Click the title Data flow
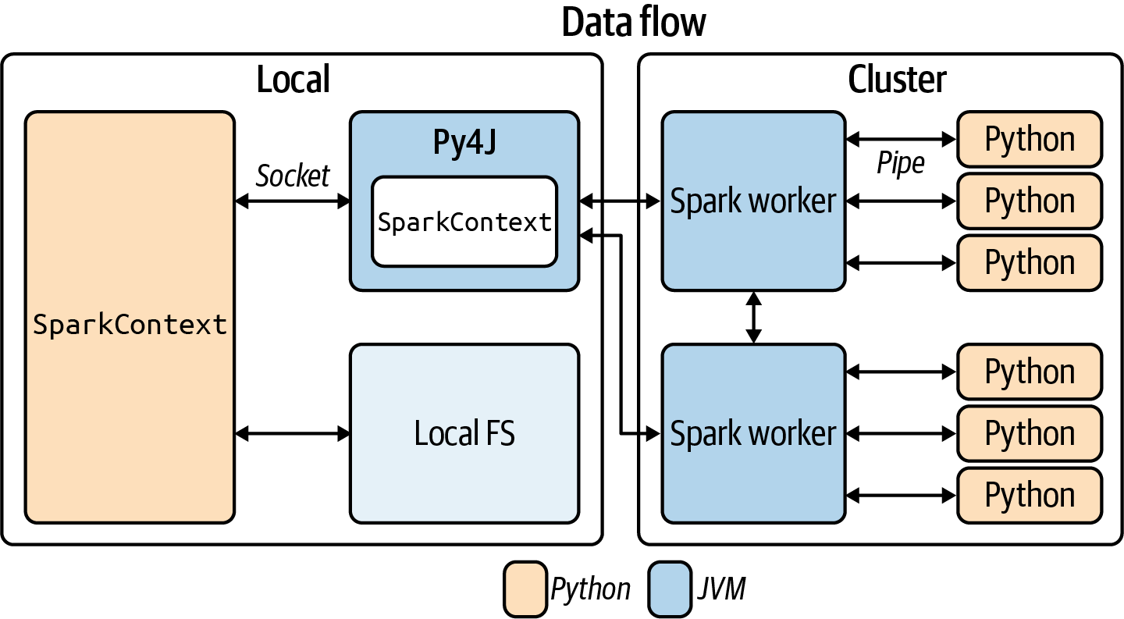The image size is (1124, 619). [x=633, y=23]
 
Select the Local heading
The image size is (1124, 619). [x=293, y=79]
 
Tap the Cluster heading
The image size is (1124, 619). [x=897, y=79]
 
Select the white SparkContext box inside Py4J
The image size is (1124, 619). [x=464, y=222]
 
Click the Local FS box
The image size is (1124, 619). [x=464, y=433]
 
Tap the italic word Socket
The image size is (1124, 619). [x=293, y=176]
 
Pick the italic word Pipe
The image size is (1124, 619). [x=900, y=164]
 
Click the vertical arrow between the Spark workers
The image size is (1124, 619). [x=753, y=317]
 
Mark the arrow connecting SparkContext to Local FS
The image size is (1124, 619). [x=293, y=432]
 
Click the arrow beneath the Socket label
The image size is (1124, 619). [x=293, y=201]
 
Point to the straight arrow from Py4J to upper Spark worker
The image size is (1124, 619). [x=621, y=201]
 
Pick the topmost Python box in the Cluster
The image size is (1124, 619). [x=1030, y=140]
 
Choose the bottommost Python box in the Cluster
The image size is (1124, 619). [x=1030, y=495]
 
